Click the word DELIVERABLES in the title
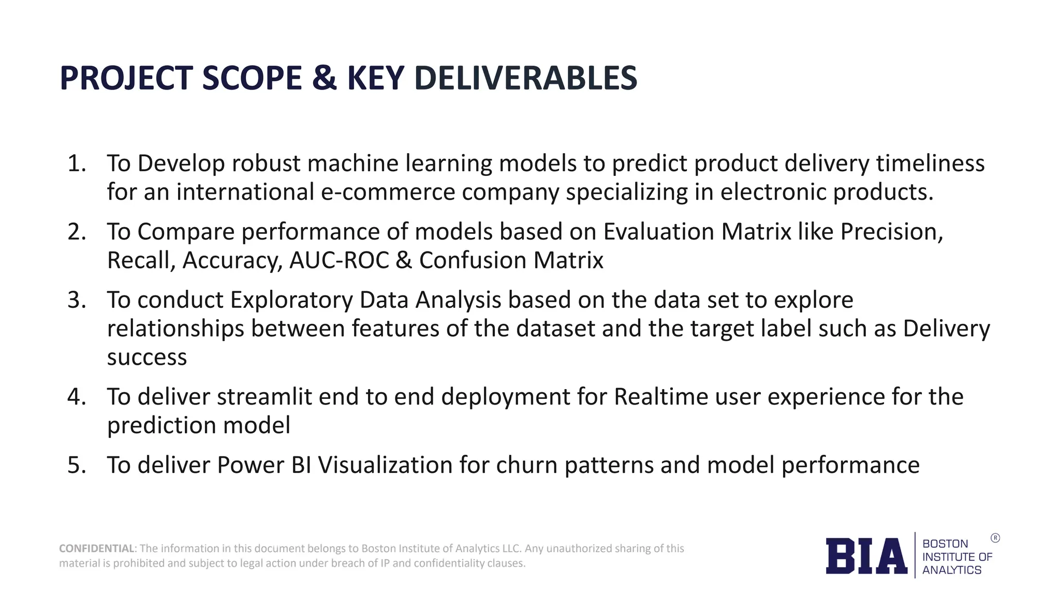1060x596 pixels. pyautogui.click(x=525, y=78)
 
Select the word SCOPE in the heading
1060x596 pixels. pyautogui.click(x=252, y=78)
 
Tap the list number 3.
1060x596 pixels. pyautogui.click(x=77, y=300)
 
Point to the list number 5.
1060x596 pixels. pyautogui.click(x=77, y=465)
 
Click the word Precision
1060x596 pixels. pyautogui.click(x=891, y=232)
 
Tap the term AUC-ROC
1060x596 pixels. pyautogui.click(x=339, y=260)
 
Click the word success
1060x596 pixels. pyautogui.click(x=147, y=357)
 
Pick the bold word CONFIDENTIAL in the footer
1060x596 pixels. pyautogui.click(x=97, y=548)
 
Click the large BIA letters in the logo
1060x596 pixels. pyautogui.click(x=866, y=556)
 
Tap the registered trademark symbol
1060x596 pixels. pyautogui.click(x=995, y=538)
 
